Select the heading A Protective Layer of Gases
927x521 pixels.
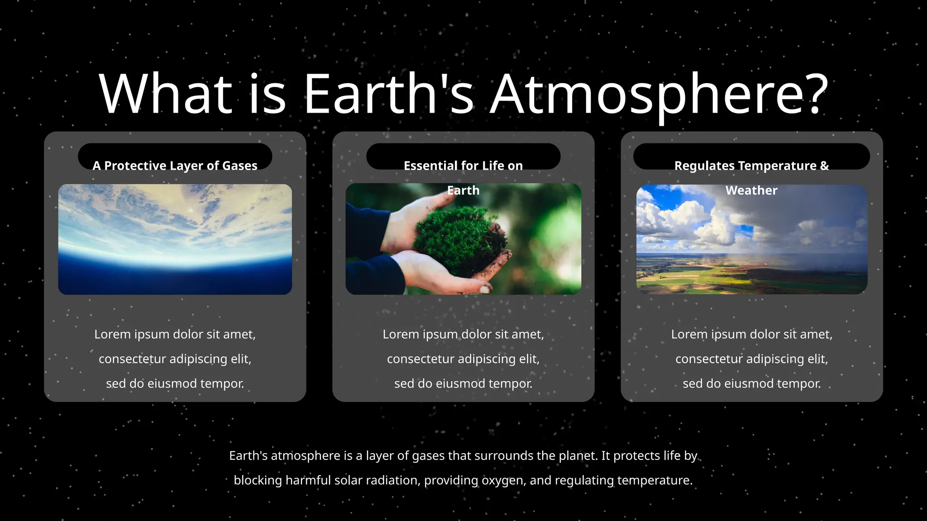click(175, 166)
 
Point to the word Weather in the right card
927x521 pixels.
click(751, 190)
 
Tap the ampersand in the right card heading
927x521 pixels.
click(824, 166)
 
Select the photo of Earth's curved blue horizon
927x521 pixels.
click(175, 240)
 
